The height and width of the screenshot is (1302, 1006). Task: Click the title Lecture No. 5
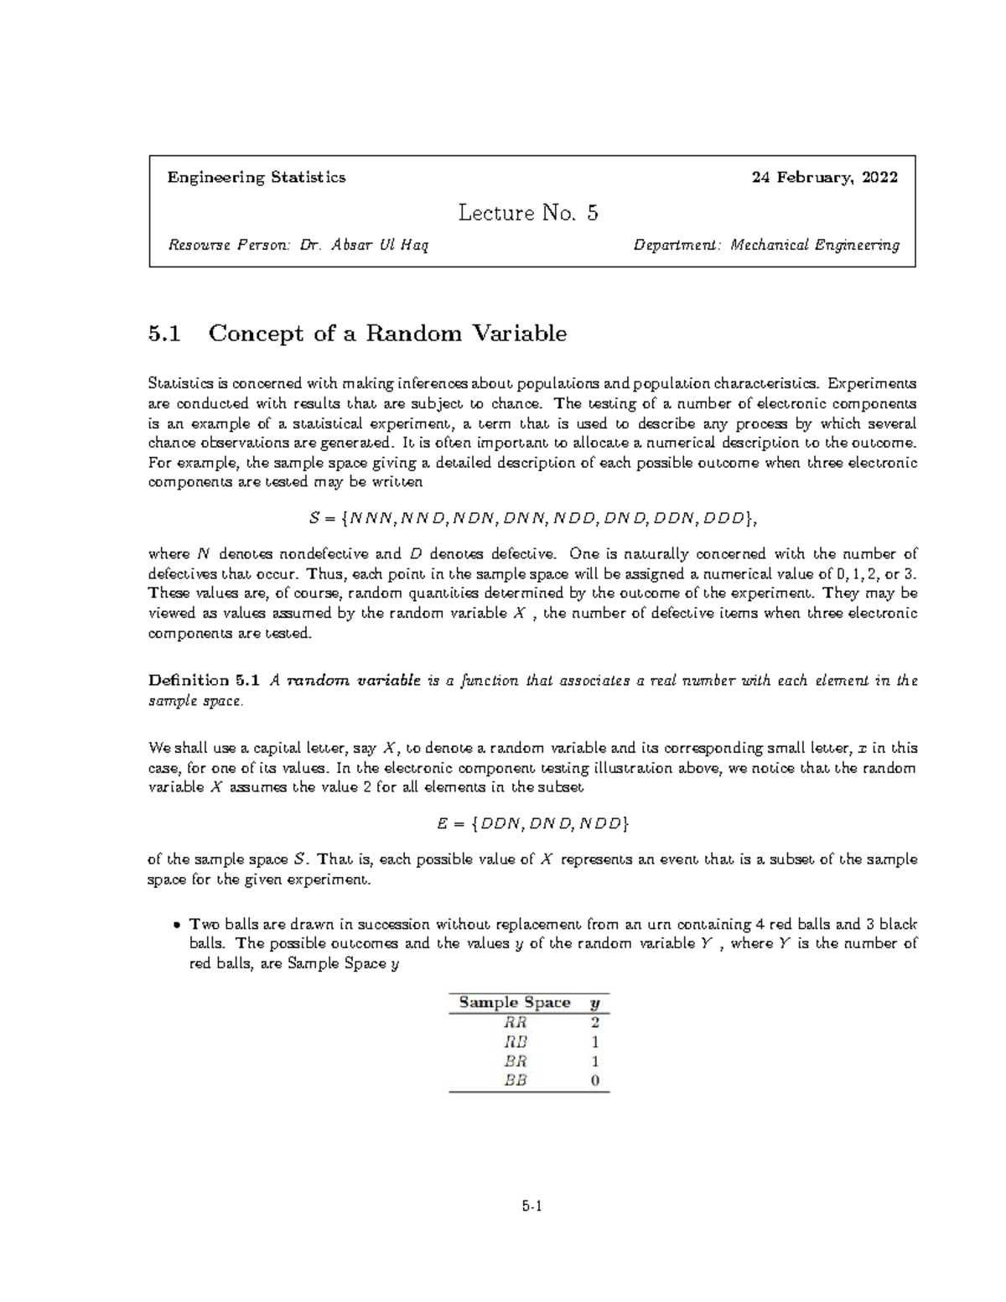click(x=528, y=213)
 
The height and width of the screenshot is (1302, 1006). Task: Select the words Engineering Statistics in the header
click(x=257, y=178)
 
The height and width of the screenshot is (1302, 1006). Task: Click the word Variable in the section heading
click(x=521, y=334)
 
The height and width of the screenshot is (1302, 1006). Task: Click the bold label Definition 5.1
click(x=205, y=681)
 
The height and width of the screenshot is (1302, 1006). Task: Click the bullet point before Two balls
click(x=174, y=926)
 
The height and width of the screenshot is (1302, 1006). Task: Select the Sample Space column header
click(x=514, y=1003)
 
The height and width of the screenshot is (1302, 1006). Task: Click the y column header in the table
click(x=594, y=1004)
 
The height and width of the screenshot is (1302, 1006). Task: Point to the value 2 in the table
click(x=594, y=1023)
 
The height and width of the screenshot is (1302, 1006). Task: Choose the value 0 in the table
click(x=594, y=1080)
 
